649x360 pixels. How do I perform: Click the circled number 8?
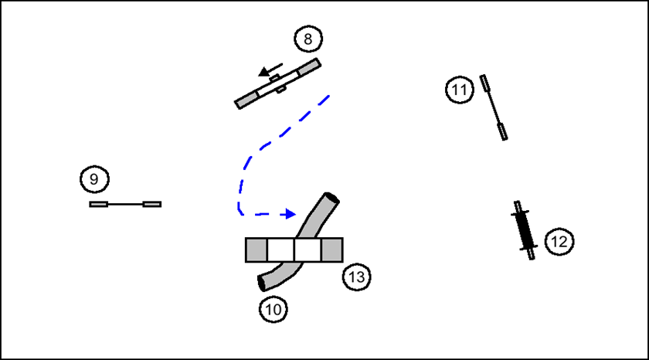(x=308, y=39)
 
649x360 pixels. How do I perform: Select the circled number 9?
(x=94, y=180)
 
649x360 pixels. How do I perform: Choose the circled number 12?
(x=559, y=242)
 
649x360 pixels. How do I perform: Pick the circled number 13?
(x=358, y=276)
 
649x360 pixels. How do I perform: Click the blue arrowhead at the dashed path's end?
(x=290, y=213)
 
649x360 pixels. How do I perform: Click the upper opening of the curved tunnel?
(x=331, y=199)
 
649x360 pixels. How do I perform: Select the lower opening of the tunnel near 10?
(x=263, y=281)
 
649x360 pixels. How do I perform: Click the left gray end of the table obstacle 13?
(x=257, y=250)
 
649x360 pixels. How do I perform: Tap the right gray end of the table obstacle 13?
(x=331, y=250)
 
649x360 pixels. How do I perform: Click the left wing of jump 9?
(x=98, y=204)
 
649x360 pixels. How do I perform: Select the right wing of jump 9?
(x=153, y=204)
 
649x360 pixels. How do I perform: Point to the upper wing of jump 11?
(x=485, y=83)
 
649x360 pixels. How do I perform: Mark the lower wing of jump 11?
(x=503, y=130)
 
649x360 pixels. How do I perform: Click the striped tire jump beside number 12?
(x=525, y=230)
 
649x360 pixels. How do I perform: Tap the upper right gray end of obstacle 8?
(x=308, y=66)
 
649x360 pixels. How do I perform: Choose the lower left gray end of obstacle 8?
(x=246, y=100)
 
